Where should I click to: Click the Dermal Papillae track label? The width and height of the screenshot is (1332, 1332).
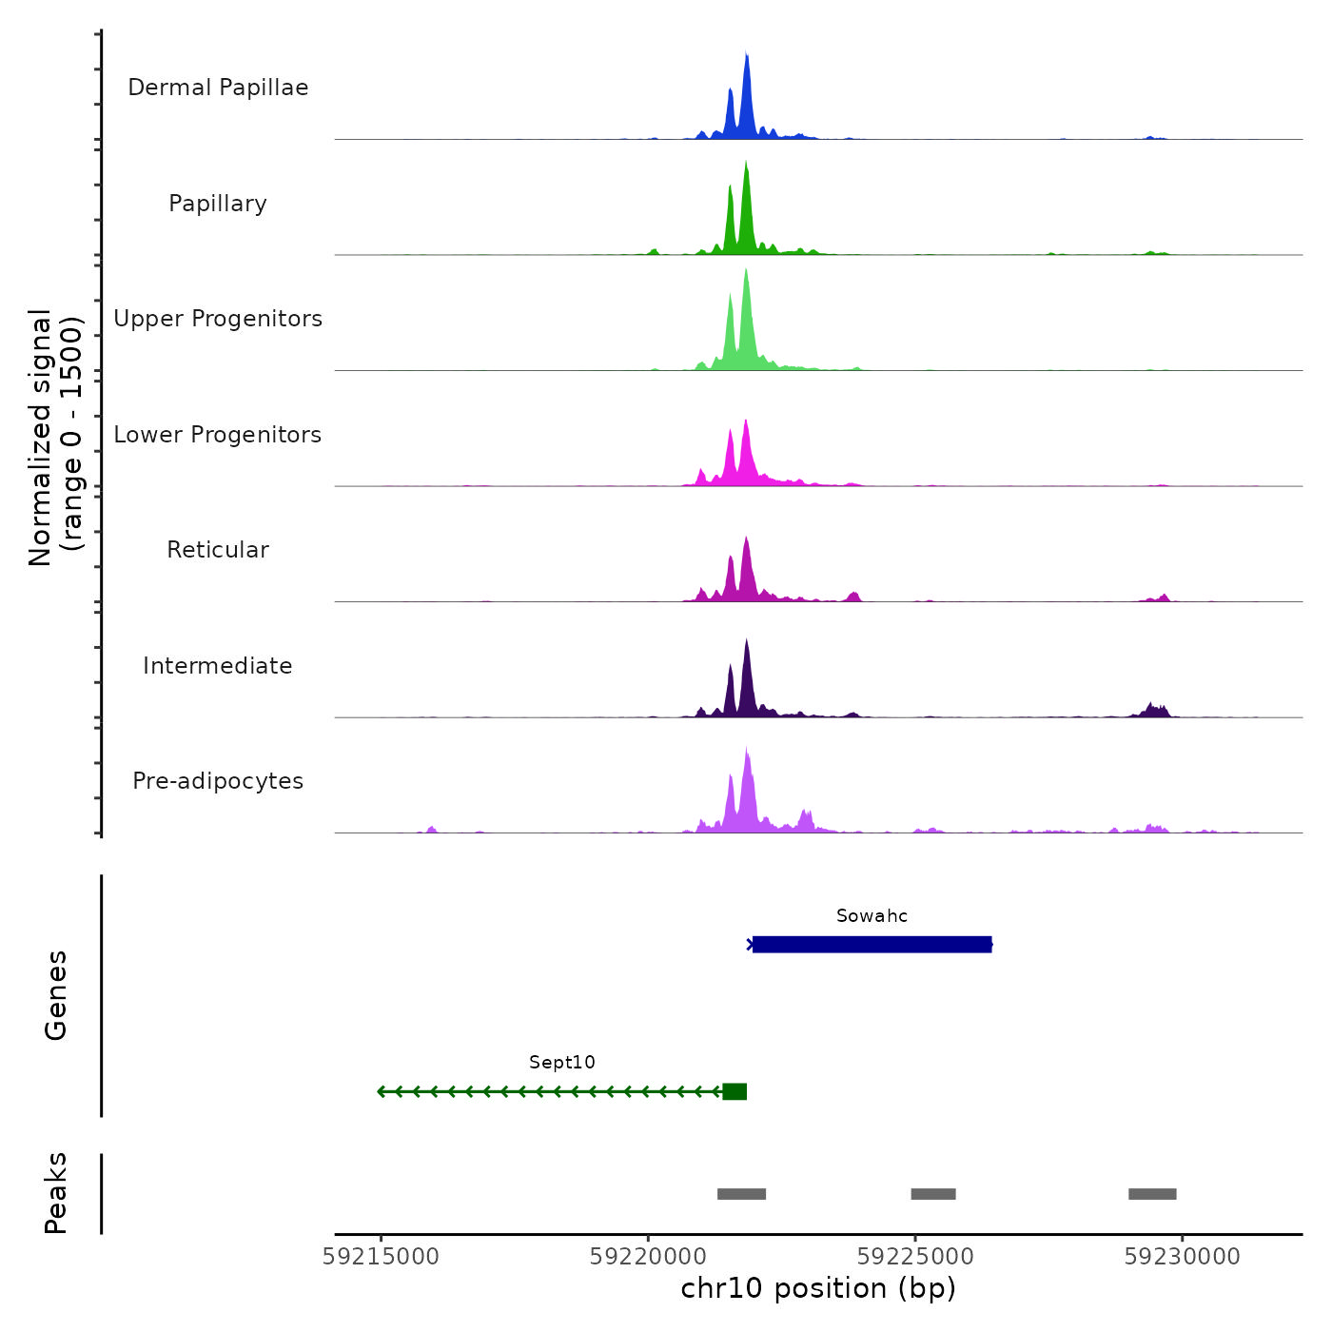pyautogui.click(x=218, y=88)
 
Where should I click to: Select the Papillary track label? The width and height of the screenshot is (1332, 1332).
pyautogui.click(x=218, y=204)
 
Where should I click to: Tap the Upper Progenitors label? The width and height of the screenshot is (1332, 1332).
pyautogui.click(x=218, y=319)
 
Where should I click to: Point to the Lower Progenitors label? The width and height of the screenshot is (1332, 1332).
pyautogui.click(x=218, y=435)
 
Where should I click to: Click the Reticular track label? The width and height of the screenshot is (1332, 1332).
pyautogui.click(x=218, y=550)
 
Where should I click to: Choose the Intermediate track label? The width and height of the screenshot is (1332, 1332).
pyautogui.click(x=218, y=666)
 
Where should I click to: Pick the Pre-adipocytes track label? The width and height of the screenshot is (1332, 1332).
pyautogui.click(x=218, y=781)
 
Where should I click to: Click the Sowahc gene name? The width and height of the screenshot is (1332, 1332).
pyautogui.click(x=872, y=916)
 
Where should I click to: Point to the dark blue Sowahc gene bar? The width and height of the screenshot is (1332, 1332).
pyautogui.click(x=872, y=945)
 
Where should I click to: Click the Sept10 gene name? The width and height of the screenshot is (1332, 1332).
pyautogui.click(x=562, y=1063)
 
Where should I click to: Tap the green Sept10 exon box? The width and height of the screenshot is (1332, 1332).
pyautogui.click(x=735, y=1091)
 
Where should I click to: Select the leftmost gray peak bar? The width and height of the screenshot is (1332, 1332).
pyautogui.click(x=741, y=1194)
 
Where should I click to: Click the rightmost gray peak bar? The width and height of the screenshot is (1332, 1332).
pyautogui.click(x=1152, y=1194)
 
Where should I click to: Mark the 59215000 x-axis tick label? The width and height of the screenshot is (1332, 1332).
pyautogui.click(x=382, y=1257)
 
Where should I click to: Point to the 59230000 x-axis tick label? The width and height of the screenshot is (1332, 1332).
pyautogui.click(x=1183, y=1257)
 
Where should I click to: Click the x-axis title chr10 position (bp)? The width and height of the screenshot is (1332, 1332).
pyautogui.click(x=818, y=1289)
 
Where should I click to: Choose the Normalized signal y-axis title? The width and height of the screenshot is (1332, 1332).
pyautogui.click(x=55, y=438)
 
